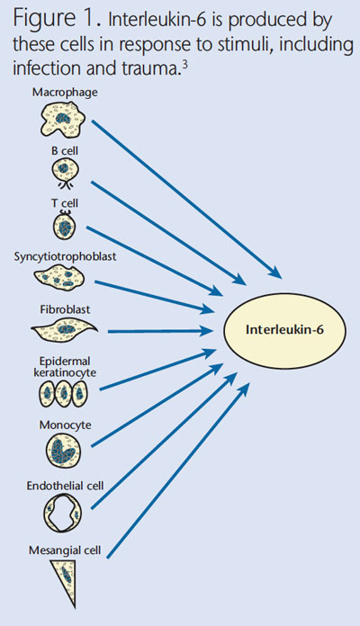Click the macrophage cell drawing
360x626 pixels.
point(64,119)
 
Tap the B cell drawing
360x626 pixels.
point(65,172)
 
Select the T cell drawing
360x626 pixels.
point(64,226)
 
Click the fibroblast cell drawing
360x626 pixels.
point(64,329)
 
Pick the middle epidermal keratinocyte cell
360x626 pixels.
point(63,394)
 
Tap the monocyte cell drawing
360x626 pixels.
point(64,450)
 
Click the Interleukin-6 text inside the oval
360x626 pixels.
point(284,330)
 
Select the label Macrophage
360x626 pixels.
point(65,93)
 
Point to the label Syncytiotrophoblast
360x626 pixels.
point(65,256)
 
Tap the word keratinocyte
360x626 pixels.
point(65,373)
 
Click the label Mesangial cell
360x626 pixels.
point(65,550)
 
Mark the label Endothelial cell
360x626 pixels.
point(65,486)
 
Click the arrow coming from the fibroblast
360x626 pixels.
point(160,331)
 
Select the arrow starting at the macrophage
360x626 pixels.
point(187,199)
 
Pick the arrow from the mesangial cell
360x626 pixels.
point(178,469)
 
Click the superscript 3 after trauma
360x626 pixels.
point(184,63)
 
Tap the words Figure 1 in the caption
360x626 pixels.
point(57,19)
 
